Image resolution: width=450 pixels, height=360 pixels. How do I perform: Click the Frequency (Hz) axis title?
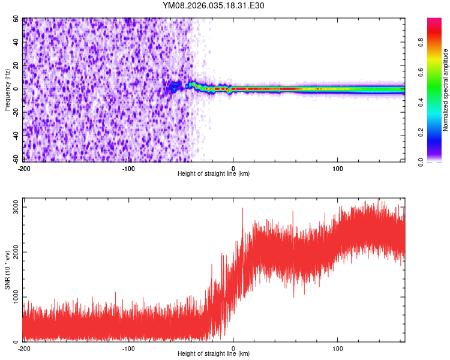click(7, 90)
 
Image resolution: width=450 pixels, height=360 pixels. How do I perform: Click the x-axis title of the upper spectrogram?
click(214, 173)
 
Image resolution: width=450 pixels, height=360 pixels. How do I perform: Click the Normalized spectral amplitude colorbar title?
click(446, 90)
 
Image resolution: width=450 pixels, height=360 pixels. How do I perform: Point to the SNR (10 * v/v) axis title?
click(7, 270)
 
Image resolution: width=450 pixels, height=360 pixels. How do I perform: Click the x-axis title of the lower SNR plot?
click(214, 354)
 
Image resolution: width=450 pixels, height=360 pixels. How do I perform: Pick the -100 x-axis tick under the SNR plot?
click(128, 349)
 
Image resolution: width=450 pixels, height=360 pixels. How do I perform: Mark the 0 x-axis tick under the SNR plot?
click(233, 349)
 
